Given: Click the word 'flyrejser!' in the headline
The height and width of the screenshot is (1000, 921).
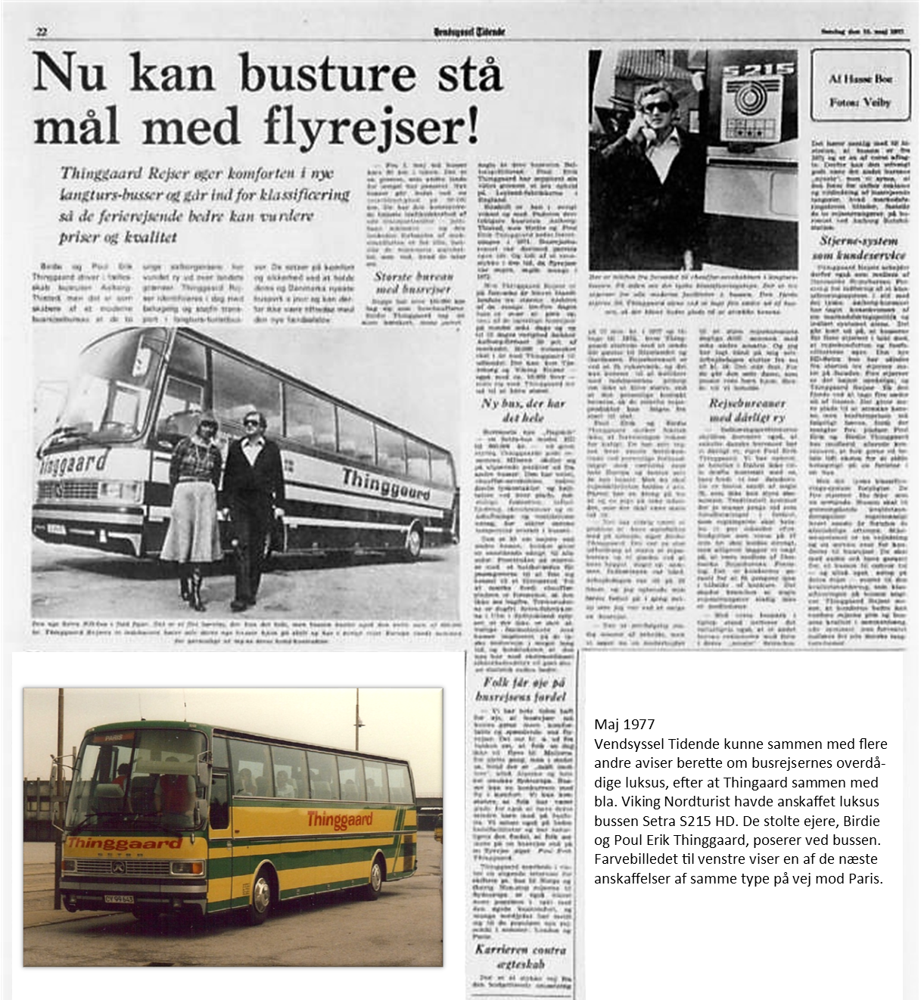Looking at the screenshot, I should [371, 127].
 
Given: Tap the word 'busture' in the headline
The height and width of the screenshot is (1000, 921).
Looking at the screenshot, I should [328, 74].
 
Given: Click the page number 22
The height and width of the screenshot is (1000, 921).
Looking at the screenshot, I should [42, 31].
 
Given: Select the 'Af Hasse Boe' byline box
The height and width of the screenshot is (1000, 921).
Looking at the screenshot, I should [860, 85].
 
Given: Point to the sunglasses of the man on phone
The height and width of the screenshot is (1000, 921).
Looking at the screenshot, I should [655, 107].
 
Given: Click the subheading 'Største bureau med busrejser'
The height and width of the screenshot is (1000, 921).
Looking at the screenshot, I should [413, 282].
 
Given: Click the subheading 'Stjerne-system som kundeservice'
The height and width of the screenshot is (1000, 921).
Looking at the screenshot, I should [859, 247].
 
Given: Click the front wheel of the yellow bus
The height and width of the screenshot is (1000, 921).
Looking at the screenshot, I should [260, 896].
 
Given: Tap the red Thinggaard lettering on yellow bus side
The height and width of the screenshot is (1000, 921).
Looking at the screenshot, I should [340, 820].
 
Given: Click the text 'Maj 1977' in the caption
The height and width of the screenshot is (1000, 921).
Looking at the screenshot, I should [624, 724].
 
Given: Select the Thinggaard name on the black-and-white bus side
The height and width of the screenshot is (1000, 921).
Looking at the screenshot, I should [387, 484].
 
